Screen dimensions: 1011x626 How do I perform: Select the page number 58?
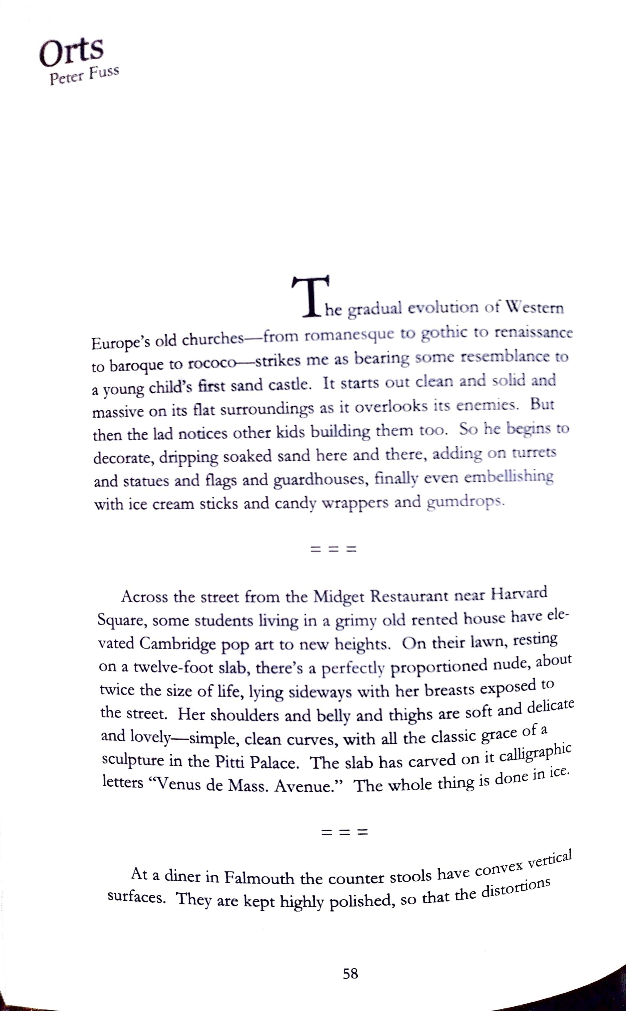point(350,974)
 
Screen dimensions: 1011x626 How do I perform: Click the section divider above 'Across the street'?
point(333,550)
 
